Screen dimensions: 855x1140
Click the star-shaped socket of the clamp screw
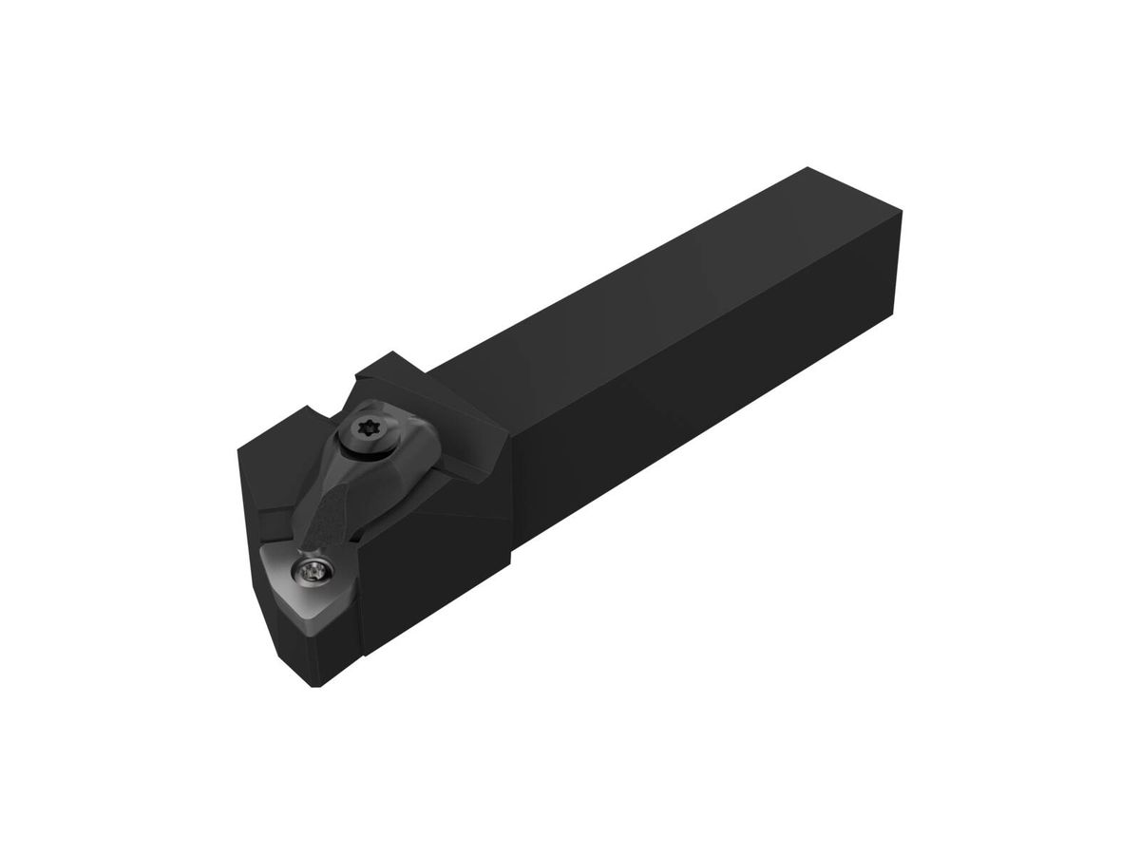pos(368,429)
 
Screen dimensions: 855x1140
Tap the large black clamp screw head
pos(368,430)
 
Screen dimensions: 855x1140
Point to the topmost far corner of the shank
pos(807,168)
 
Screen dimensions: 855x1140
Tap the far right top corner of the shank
pos(902,215)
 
